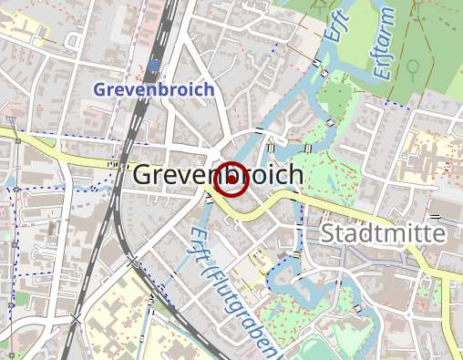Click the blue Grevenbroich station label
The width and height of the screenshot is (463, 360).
[x=154, y=90]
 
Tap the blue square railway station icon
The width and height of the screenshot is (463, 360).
[x=156, y=65]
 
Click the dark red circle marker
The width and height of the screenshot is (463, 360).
[x=231, y=179]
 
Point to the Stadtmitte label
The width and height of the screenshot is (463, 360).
[x=383, y=234]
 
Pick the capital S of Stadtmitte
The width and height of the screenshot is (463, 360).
[x=329, y=234]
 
